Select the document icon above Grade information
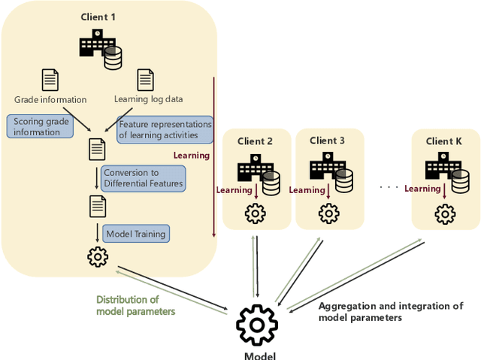(x=50, y=80)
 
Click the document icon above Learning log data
(x=145, y=80)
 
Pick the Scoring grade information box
(x=40, y=126)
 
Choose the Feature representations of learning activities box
(x=165, y=129)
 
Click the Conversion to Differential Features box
(x=143, y=178)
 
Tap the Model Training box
(x=135, y=234)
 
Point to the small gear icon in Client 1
(x=98, y=256)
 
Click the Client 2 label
(x=256, y=141)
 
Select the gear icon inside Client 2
(x=256, y=213)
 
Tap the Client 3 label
(x=327, y=141)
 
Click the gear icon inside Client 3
(x=328, y=213)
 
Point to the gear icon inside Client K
(x=445, y=213)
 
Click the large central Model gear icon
(x=256, y=325)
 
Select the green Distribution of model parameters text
(x=135, y=306)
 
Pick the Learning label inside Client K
(x=421, y=189)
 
